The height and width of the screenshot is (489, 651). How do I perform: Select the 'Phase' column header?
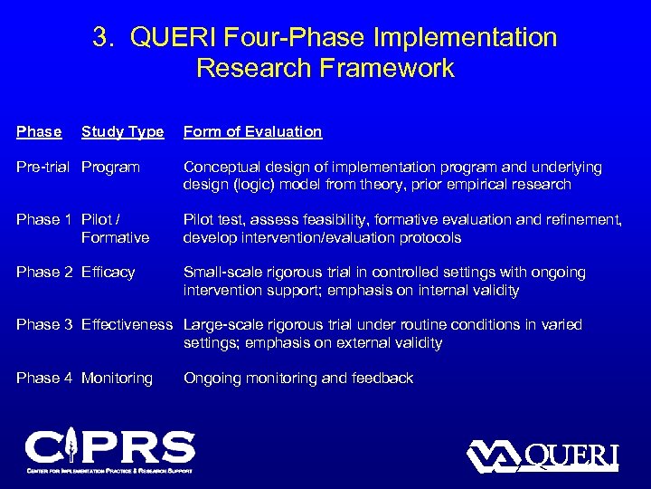point(39,132)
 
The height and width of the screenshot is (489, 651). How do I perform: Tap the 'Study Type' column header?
point(123,132)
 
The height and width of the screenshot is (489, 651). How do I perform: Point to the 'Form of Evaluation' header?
point(252,132)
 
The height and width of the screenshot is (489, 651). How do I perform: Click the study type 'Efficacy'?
point(108,273)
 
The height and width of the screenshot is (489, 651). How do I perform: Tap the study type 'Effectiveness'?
point(127,325)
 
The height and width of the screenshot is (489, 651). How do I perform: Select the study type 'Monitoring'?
point(117,379)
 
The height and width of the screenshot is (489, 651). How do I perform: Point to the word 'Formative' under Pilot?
point(115,238)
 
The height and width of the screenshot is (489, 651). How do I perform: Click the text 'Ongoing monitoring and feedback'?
point(298,379)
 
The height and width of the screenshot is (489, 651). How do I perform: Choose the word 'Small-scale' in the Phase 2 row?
point(222,273)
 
